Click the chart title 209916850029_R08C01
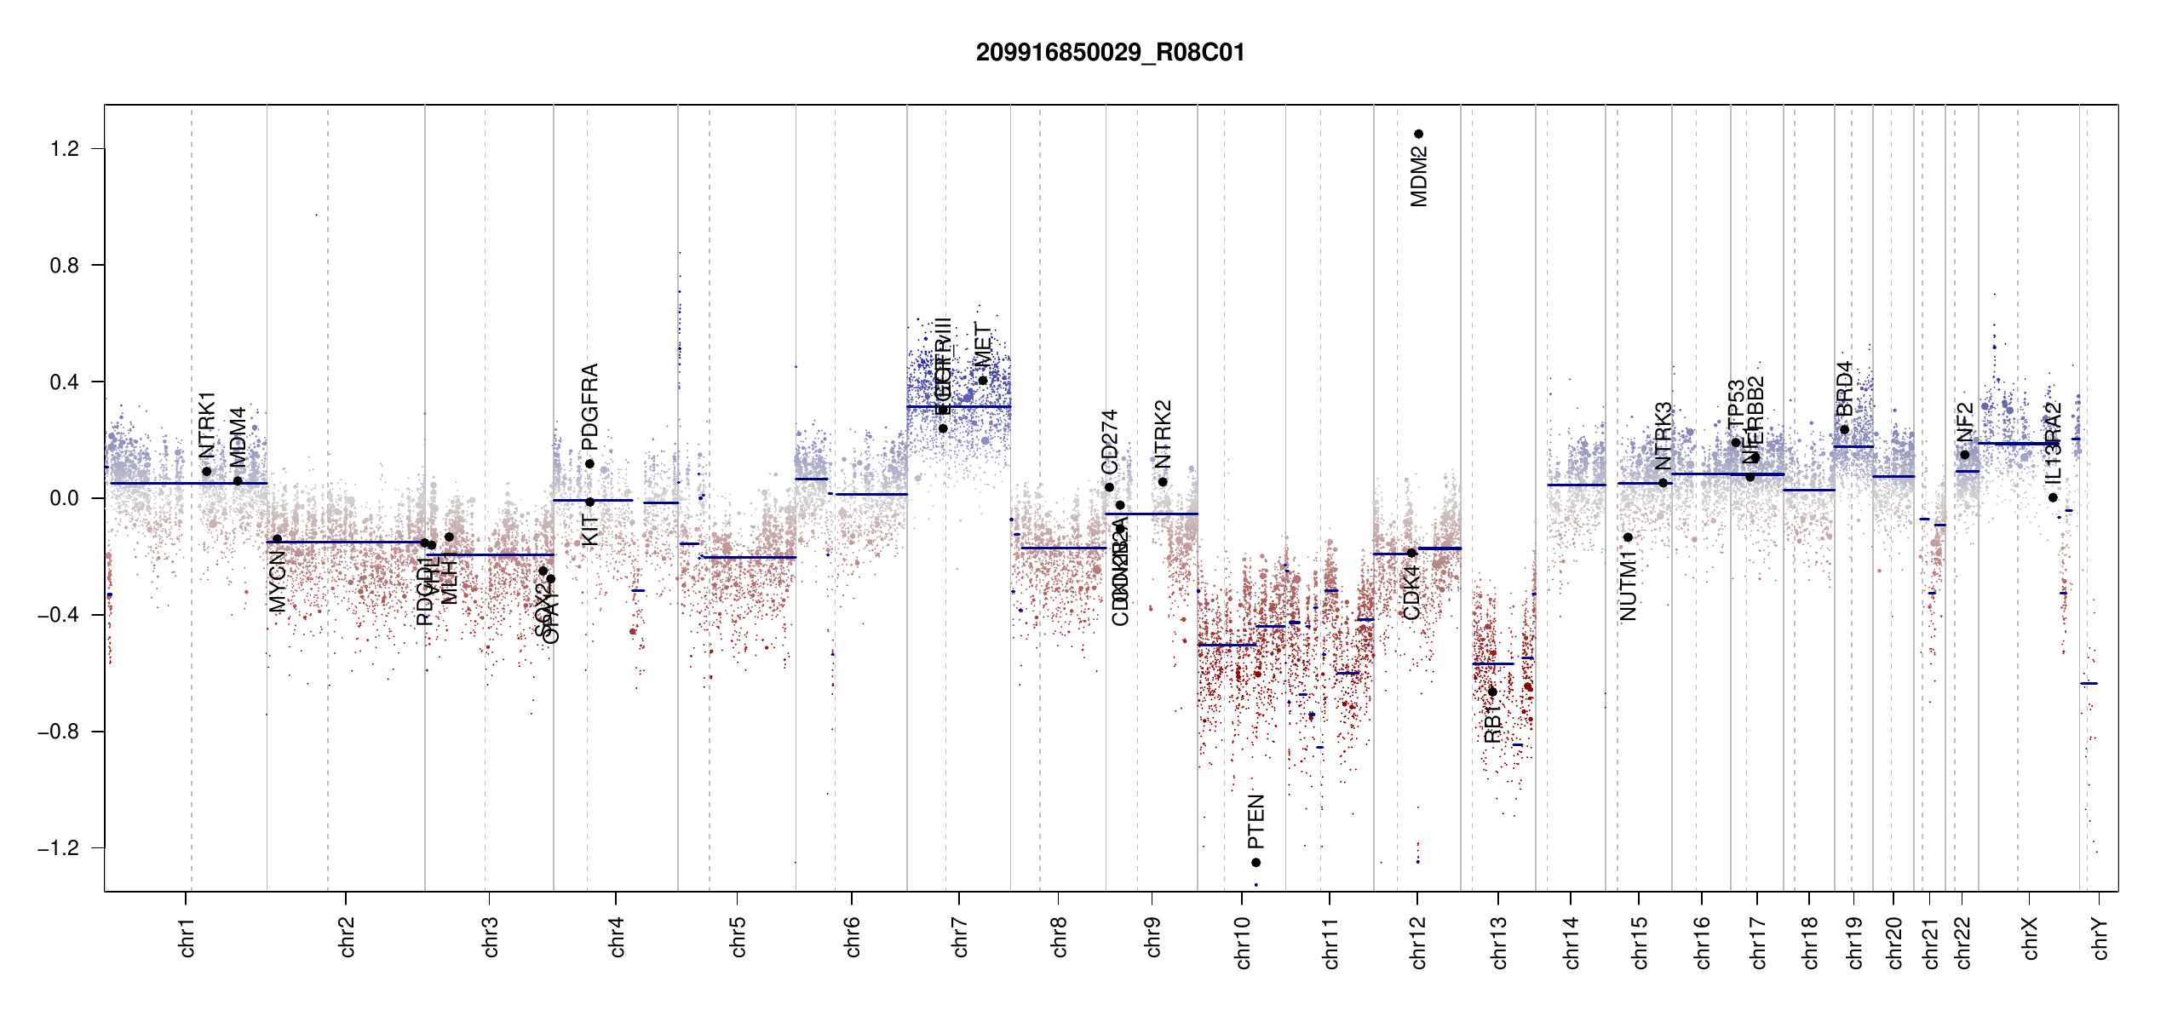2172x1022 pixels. [1110, 53]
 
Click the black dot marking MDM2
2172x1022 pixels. [1419, 134]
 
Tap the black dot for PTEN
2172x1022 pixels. [1256, 863]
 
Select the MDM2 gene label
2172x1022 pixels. [1419, 177]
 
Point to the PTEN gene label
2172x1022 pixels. [1256, 822]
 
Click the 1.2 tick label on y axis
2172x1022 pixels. [64, 149]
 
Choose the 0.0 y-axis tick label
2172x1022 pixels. [64, 498]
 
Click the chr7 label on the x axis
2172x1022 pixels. [960, 937]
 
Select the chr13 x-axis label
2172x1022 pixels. [1499, 942]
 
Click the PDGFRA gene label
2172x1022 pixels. [589, 407]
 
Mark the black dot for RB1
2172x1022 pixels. [1492, 692]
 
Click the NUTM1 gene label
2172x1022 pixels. [1629, 586]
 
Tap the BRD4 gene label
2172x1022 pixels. [1845, 388]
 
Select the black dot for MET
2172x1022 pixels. [983, 381]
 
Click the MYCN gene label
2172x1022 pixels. [278, 581]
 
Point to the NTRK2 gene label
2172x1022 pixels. [1164, 434]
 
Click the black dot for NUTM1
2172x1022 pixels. [1628, 537]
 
